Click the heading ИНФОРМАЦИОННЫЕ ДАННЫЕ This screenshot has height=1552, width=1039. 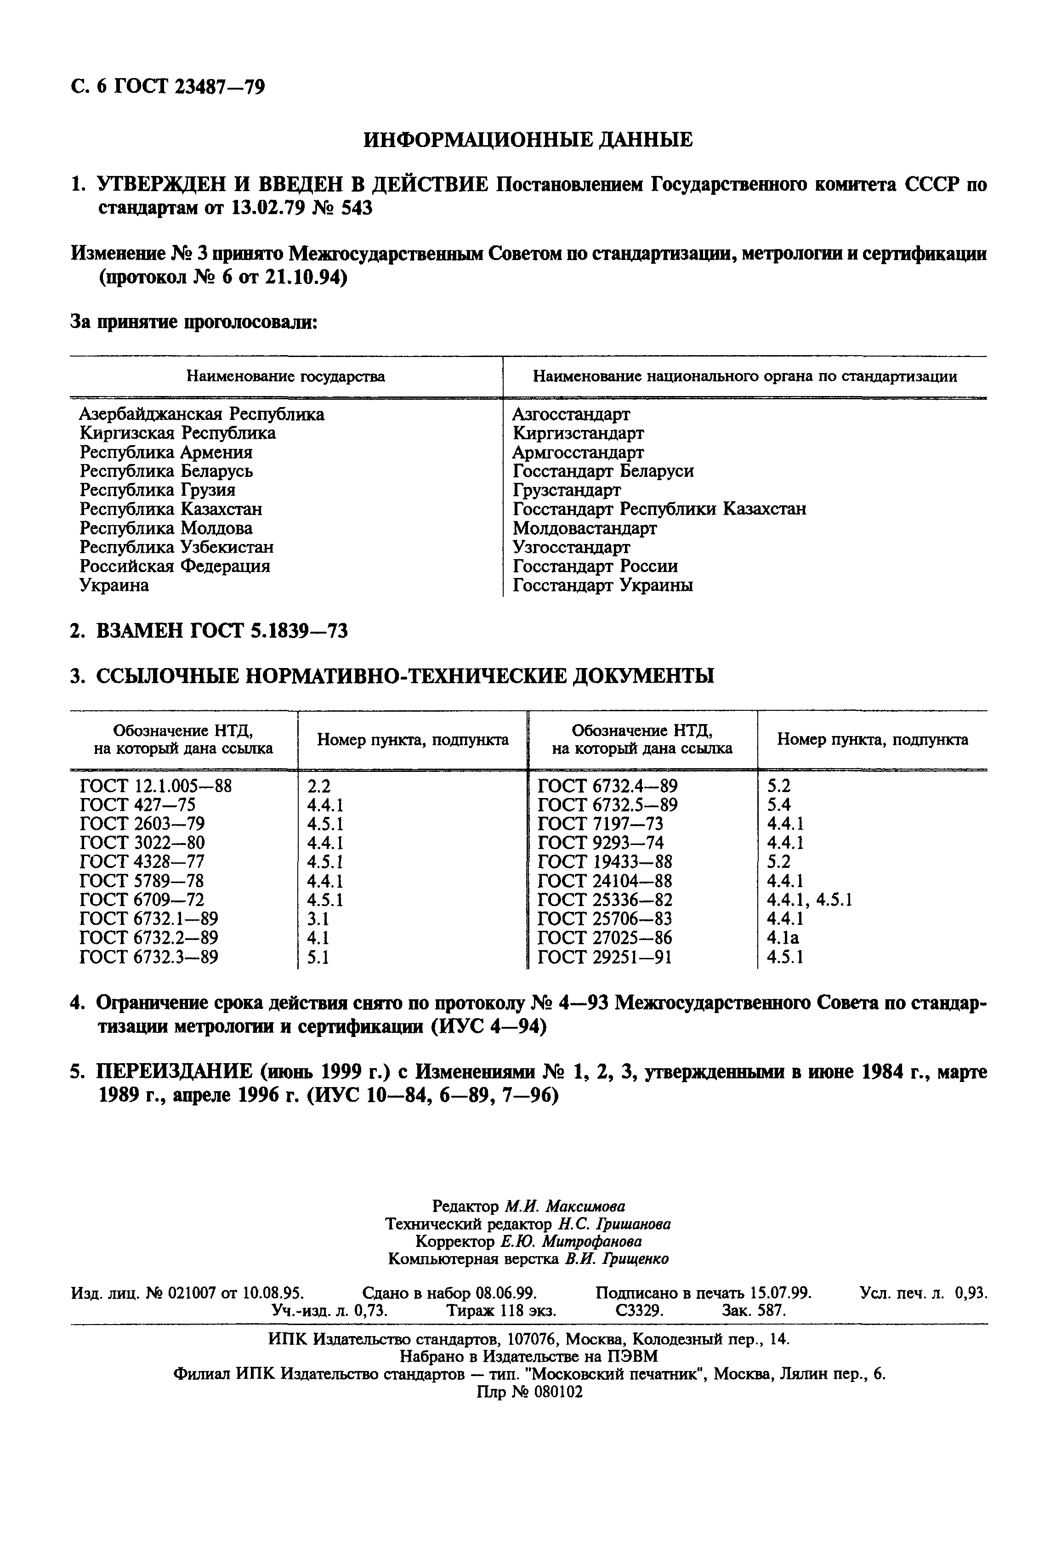[528, 140]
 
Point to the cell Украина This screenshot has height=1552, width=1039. [114, 585]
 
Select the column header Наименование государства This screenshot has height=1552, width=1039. [285, 377]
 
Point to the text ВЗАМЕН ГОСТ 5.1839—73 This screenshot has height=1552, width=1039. [221, 631]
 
